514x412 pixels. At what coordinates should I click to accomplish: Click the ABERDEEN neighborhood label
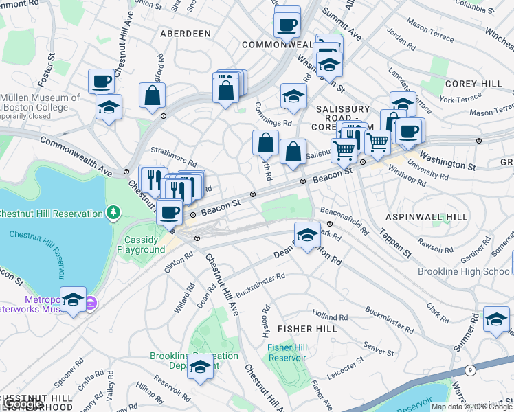pos(185,33)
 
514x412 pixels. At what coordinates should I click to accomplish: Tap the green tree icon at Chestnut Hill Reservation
pos(113,214)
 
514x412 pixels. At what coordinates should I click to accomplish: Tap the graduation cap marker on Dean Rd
pos(307,233)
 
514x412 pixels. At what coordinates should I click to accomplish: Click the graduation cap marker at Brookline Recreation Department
pos(200,366)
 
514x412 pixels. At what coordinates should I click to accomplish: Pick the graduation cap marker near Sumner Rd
pos(496,319)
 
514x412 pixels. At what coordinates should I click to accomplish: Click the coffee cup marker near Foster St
pos(101,80)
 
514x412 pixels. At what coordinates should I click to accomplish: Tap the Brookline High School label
pos(466,271)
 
